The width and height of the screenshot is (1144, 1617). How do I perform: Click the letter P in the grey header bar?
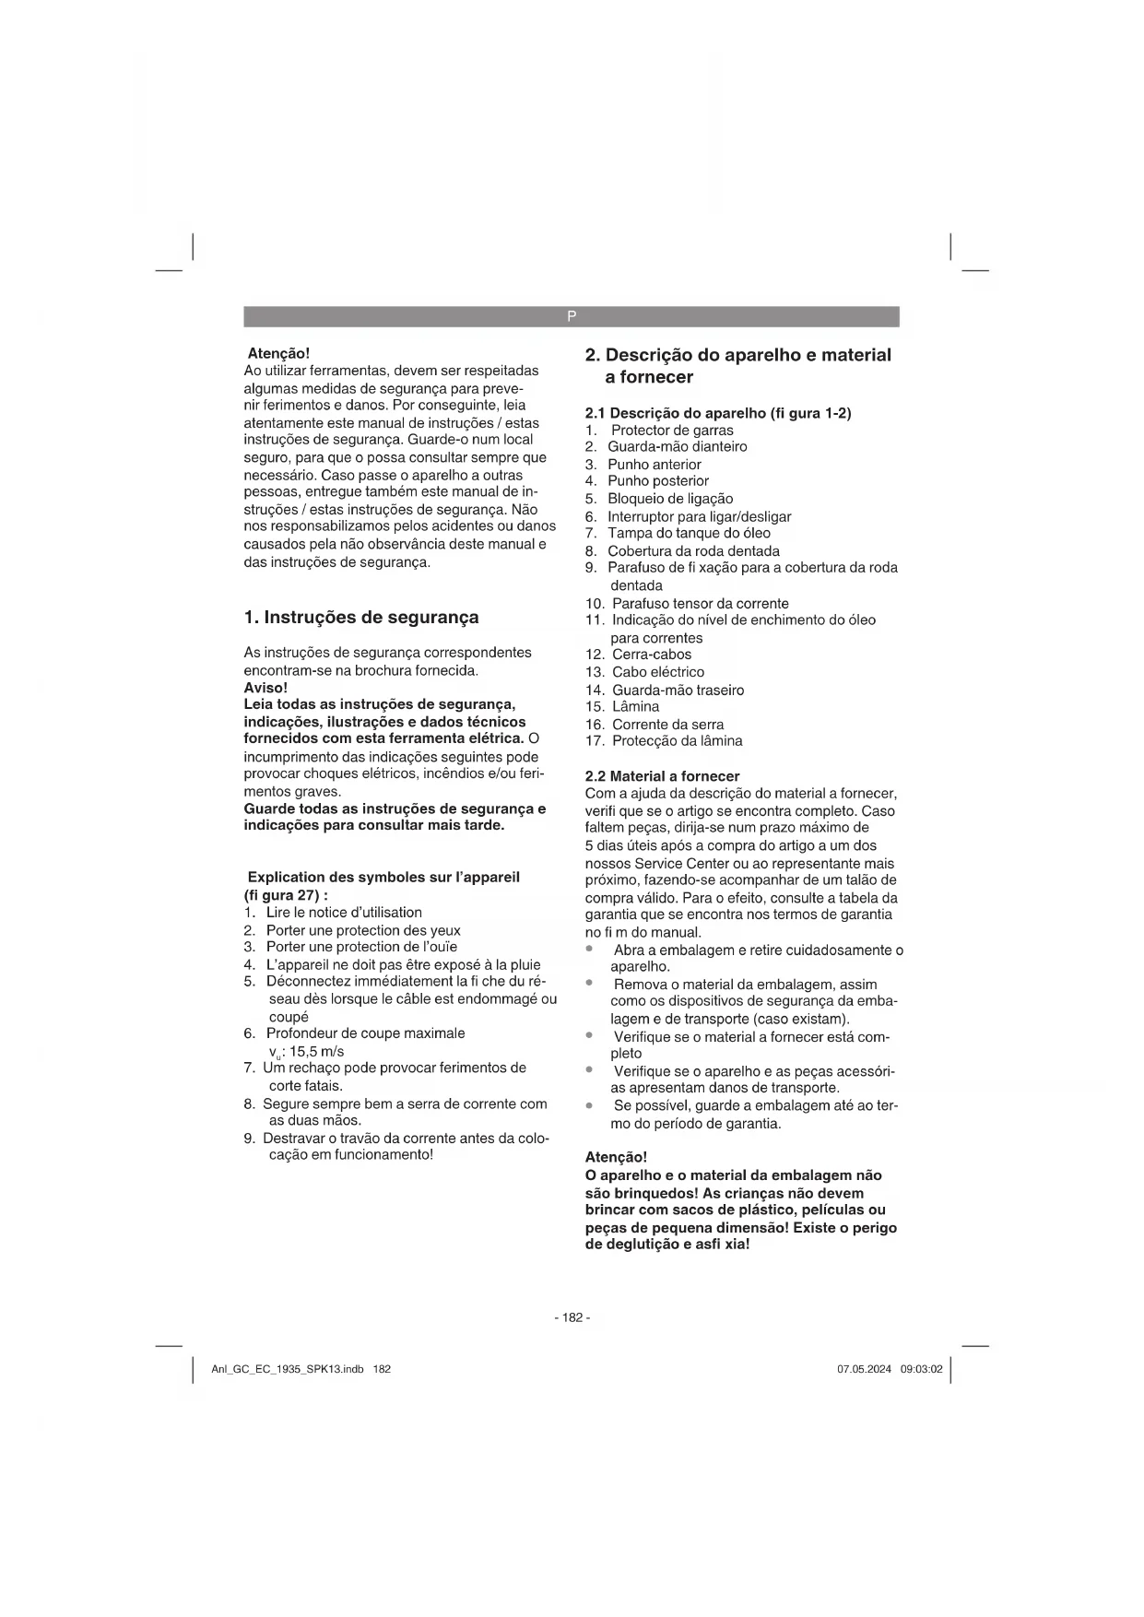(572, 316)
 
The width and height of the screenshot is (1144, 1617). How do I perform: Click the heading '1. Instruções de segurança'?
(361, 617)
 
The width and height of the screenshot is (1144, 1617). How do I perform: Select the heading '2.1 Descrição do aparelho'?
(718, 413)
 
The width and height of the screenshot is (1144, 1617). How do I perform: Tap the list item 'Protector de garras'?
(672, 431)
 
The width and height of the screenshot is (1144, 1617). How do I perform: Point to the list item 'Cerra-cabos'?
(651, 655)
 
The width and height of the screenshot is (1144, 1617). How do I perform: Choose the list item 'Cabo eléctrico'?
(657, 672)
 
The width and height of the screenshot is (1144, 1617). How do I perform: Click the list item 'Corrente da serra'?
(667, 725)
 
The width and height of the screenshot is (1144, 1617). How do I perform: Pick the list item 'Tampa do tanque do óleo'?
(688, 534)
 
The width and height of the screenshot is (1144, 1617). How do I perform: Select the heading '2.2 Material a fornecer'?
(662, 776)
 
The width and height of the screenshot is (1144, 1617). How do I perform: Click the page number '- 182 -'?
(572, 1317)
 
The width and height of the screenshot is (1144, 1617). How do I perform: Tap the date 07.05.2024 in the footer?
(864, 1369)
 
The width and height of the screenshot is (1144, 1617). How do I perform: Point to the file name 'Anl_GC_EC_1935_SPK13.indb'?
(288, 1369)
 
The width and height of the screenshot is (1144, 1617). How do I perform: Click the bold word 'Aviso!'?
(265, 688)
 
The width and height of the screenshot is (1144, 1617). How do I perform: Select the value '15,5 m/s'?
(316, 1051)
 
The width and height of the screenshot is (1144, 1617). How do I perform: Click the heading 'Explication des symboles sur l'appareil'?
(383, 878)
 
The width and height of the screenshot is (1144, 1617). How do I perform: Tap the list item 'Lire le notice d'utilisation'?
(343, 913)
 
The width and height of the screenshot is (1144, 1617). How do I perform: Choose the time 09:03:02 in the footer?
(921, 1369)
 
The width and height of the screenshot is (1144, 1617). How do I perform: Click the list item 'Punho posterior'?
(657, 481)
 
